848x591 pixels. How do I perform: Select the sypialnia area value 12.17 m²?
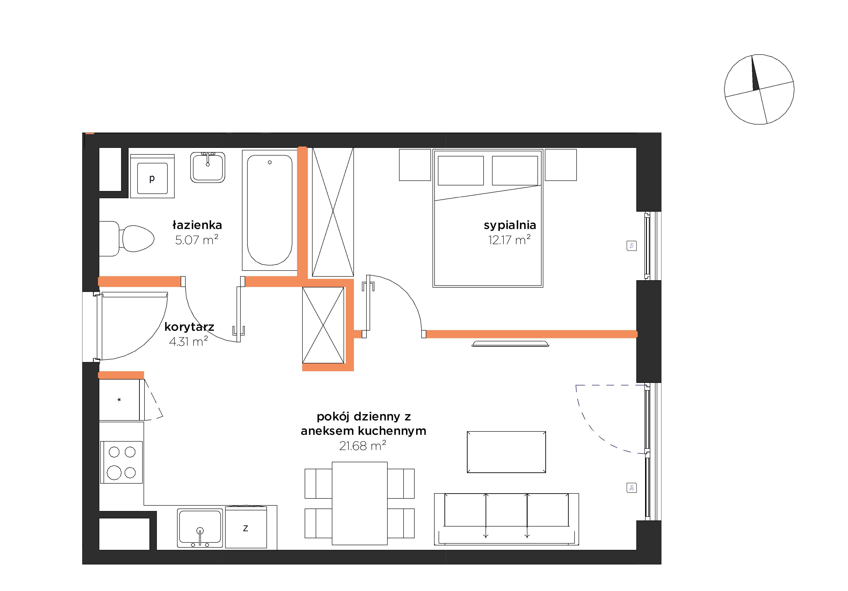coord(509,240)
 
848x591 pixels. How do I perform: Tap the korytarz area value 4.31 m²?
coord(188,341)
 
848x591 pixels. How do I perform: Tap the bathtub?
coord(270,210)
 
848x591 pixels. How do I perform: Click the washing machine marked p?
coord(152,176)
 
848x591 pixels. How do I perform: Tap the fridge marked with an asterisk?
coord(119,400)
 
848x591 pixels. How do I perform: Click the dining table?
coord(360,503)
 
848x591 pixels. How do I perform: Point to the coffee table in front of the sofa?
coord(506,452)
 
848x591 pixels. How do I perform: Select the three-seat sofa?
coord(506,519)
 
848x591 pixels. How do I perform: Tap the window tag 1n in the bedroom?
coord(632,246)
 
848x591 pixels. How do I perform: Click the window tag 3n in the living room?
coord(632,488)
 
